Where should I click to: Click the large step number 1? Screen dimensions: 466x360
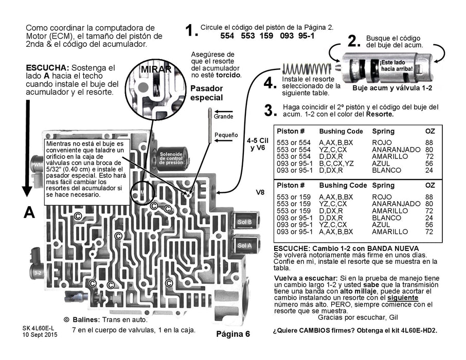191,30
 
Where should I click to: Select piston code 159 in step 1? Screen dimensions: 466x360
266,35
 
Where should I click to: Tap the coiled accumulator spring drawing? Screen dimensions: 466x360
307,69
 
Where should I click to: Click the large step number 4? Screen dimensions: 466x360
270,83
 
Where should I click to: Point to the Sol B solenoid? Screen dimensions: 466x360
245,222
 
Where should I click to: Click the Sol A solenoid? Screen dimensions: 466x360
245,245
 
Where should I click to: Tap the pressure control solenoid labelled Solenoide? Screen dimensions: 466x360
171,158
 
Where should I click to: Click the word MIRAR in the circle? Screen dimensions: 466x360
156,69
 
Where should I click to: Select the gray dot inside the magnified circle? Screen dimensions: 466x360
144,87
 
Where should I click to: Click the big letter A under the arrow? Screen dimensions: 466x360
29,212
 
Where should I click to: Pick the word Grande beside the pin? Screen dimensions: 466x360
224,116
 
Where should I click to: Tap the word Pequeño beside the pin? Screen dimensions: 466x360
226,135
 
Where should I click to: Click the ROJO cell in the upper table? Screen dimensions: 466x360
382,142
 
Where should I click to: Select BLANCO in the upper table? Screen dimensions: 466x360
387,170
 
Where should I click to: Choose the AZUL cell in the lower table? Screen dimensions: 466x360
381,225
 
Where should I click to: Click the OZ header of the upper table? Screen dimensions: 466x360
430,131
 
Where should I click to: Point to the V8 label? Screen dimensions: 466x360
260,192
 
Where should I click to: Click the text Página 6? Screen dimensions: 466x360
233,334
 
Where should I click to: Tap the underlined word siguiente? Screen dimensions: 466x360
403,298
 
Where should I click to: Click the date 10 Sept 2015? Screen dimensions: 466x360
40,335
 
